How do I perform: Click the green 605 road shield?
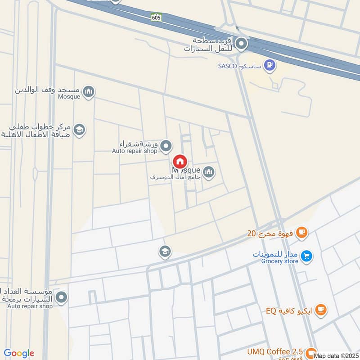[x=156, y=17]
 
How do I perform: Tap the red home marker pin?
[x=180, y=162]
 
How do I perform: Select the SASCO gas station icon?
[x=270, y=66]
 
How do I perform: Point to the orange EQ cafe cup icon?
[x=321, y=310]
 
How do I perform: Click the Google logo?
[x=19, y=353]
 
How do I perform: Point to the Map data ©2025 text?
[x=336, y=355]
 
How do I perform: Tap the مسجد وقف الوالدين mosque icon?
[x=89, y=92]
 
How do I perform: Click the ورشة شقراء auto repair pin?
[x=166, y=146]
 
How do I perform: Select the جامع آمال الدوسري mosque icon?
[x=208, y=172]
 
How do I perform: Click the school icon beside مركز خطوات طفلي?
[x=79, y=130]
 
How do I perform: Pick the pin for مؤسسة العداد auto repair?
[x=62, y=297]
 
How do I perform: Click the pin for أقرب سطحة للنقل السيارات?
[x=242, y=44]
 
